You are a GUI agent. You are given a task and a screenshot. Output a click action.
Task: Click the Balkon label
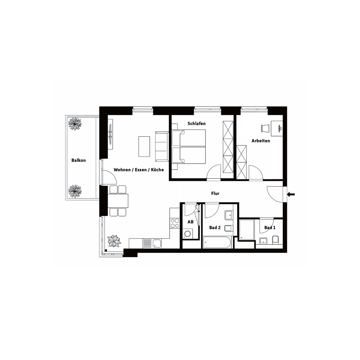78,160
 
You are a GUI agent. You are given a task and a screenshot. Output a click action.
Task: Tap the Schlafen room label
197,123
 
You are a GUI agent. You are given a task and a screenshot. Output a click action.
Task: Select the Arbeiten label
261,141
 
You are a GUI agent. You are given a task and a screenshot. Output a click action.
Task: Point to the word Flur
215,193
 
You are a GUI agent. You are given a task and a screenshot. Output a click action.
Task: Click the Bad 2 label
215,228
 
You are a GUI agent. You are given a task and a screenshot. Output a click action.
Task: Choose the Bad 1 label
270,228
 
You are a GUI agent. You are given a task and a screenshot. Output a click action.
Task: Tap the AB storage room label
190,222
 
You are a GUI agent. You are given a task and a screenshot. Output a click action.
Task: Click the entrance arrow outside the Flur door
291,195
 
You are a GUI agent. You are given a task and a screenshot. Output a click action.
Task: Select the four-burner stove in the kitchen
175,223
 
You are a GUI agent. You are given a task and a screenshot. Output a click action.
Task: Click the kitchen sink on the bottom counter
157,243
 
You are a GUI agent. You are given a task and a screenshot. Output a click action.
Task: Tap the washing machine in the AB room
188,234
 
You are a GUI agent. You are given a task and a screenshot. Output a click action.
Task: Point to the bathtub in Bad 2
217,242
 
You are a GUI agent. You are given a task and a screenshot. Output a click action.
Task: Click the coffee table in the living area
144,147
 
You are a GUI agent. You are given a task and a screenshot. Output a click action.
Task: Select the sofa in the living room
162,147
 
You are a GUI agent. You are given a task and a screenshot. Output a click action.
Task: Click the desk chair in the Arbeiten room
265,128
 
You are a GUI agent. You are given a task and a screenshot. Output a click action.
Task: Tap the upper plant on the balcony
75,124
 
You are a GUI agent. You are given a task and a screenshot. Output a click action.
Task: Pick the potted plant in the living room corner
114,241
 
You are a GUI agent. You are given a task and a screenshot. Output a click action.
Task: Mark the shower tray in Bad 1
247,230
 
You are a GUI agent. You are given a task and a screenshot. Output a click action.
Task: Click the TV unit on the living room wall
111,134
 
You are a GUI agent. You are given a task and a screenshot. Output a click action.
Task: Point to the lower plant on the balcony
75,191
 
